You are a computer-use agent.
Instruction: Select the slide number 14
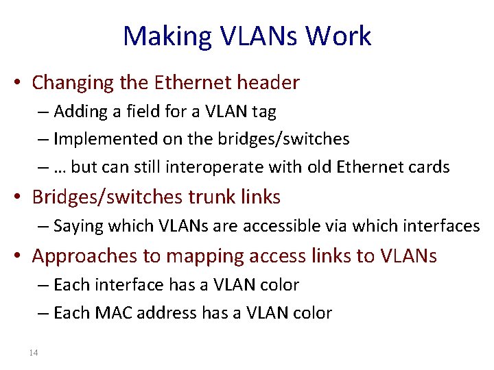[x=34, y=352]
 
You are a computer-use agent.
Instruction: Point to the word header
[x=268, y=83]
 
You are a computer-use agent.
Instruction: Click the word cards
[x=429, y=167]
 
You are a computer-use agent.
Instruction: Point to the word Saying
[x=75, y=225]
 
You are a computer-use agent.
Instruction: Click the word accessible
[x=234, y=225]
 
